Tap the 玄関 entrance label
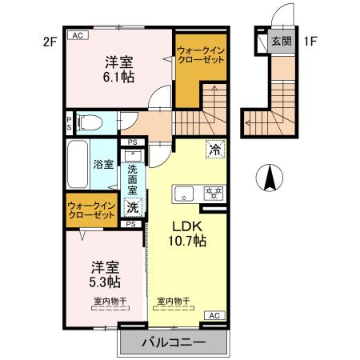coord(281,41)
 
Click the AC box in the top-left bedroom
coord(78,35)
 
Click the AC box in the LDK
coord(214,317)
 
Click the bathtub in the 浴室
coord(78,164)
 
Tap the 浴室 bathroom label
coord(104,165)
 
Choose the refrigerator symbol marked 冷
coord(214,148)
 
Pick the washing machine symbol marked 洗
coord(134,207)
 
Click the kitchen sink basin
coord(184,194)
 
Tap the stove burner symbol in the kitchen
coord(214,193)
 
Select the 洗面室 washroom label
coord(134,181)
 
